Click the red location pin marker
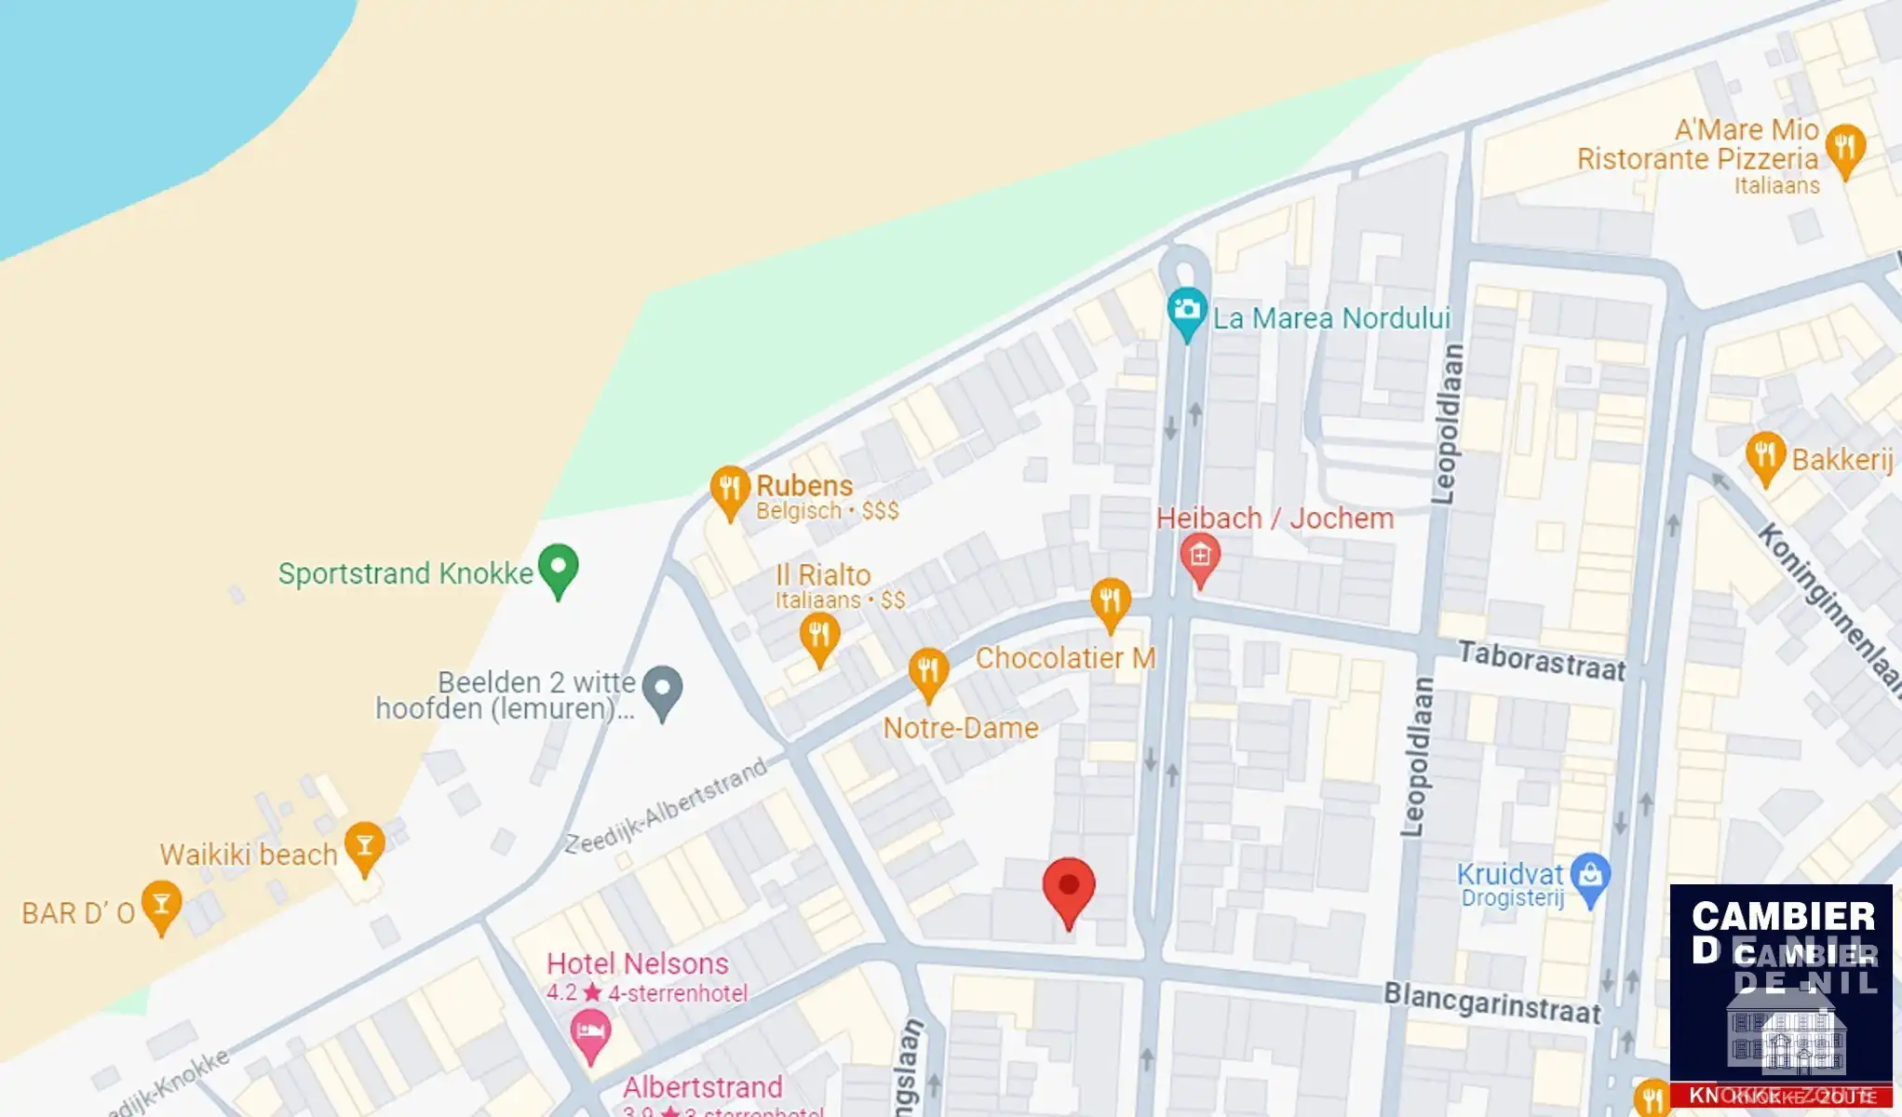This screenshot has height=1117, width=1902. [x=1068, y=888]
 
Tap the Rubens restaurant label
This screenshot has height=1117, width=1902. [x=803, y=486]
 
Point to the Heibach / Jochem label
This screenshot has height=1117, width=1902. [x=1275, y=518]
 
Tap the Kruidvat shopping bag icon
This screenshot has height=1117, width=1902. [x=1590, y=875]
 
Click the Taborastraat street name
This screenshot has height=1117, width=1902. [x=1541, y=660]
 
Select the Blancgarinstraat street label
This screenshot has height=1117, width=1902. [x=1491, y=1003]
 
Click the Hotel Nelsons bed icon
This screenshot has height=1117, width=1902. [x=590, y=1031]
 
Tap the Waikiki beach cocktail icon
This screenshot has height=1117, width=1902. [x=364, y=844]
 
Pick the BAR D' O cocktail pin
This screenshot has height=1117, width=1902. [x=161, y=904]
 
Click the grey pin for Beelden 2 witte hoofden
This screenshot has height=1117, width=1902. [x=663, y=689]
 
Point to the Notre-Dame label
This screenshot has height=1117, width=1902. [x=960, y=728]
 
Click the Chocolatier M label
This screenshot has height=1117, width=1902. [x=1065, y=658]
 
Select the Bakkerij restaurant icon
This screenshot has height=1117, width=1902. [x=1765, y=455]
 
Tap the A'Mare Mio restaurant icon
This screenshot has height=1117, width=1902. [x=1844, y=148]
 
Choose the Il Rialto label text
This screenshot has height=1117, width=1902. [x=823, y=575]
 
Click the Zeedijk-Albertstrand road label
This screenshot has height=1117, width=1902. [x=667, y=807]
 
